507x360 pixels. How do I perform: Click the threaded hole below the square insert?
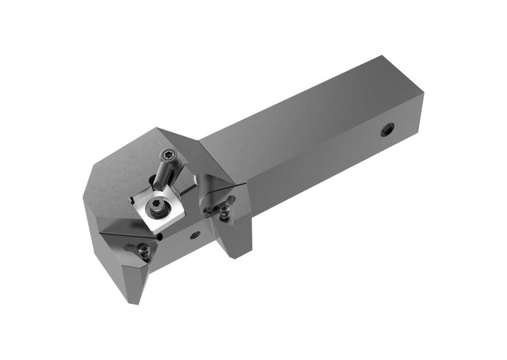[x=194, y=234]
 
